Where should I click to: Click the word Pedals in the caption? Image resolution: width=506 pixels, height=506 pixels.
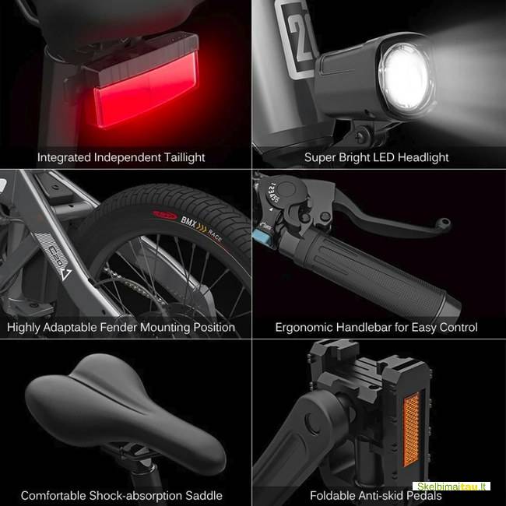coord(423,495)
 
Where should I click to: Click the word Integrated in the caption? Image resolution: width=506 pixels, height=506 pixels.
coord(65,157)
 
